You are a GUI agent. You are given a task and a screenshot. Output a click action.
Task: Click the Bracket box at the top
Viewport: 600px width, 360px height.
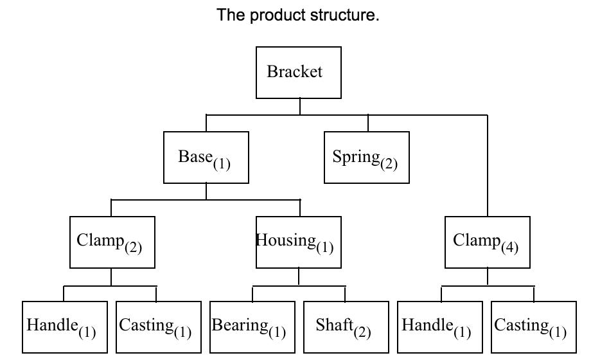(x=299, y=72)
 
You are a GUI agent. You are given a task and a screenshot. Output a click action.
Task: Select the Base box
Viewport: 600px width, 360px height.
(x=206, y=157)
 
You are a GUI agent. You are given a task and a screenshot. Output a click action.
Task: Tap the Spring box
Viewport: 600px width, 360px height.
(x=366, y=157)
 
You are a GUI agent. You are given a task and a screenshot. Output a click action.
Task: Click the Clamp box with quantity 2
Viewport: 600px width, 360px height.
(x=112, y=242)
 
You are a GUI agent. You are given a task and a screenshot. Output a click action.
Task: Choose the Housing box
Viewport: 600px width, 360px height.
(x=299, y=242)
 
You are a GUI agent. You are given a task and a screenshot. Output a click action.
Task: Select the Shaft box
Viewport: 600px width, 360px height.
(x=346, y=327)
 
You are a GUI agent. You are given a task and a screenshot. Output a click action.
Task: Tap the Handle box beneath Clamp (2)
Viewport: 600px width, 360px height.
(x=64, y=327)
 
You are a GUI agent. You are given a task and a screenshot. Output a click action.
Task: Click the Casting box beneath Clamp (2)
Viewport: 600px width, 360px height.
(x=157, y=327)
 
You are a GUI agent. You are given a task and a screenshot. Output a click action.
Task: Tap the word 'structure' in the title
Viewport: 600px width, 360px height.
(x=342, y=15)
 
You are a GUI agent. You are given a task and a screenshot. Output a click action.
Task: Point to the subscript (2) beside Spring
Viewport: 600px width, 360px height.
(x=388, y=163)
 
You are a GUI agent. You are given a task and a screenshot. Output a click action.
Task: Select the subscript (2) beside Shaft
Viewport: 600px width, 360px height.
(x=362, y=332)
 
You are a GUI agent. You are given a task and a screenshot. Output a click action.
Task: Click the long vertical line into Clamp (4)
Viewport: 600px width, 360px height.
(x=488, y=167)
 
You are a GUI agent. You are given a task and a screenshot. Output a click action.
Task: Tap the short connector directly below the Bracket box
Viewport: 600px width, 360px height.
(x=299, y=107)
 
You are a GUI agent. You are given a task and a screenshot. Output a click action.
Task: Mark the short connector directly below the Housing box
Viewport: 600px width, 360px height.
(x=299, y=276)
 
